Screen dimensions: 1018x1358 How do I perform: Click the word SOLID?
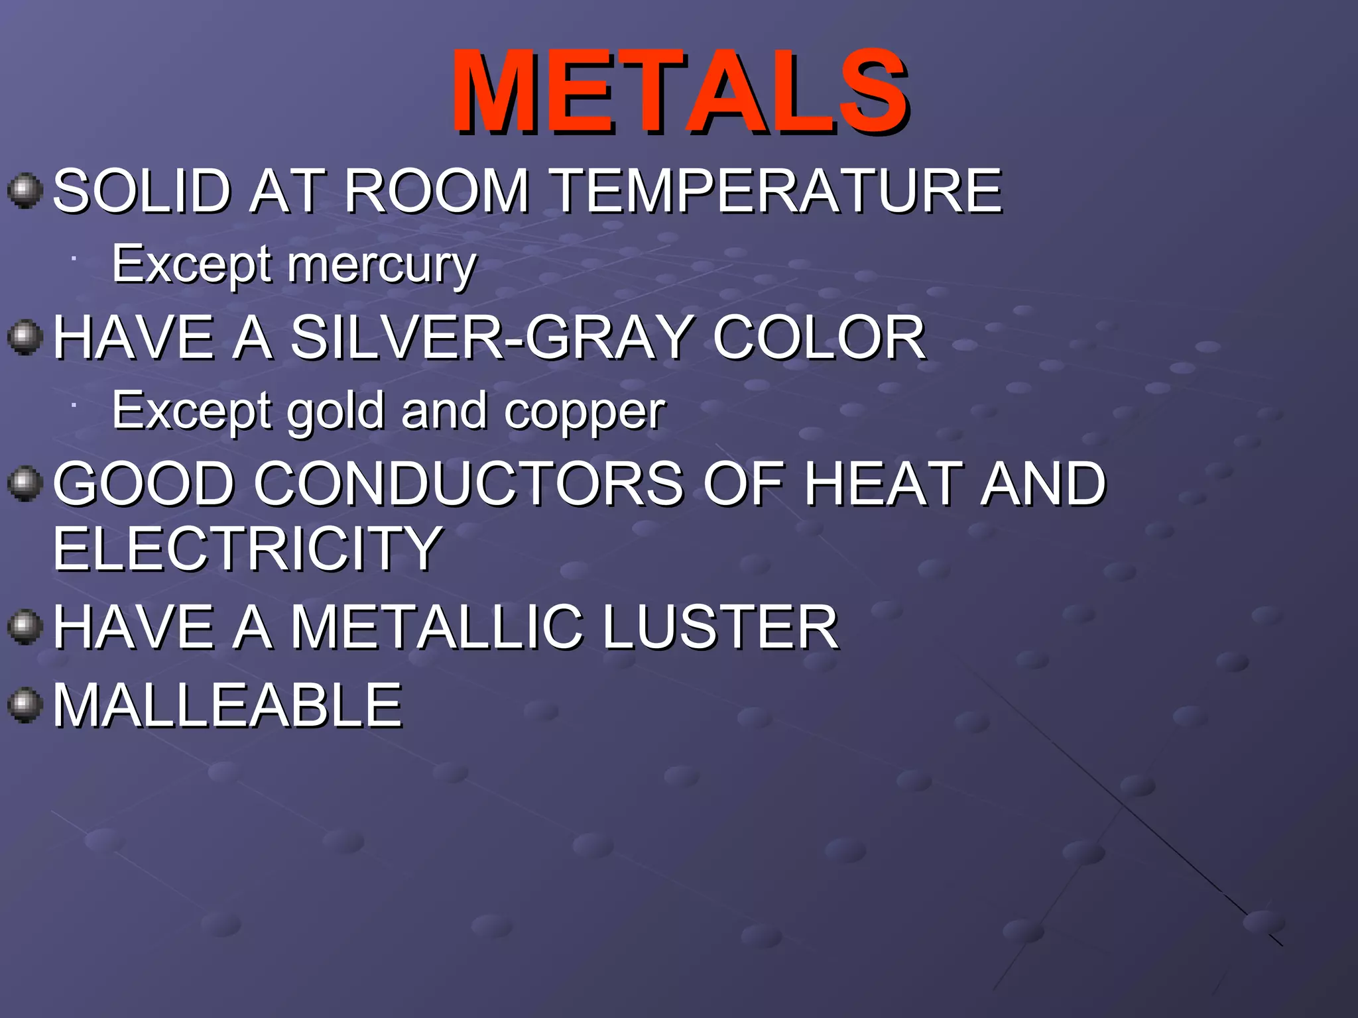tap(141, 192)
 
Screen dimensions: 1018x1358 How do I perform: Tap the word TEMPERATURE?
tap(776, 192)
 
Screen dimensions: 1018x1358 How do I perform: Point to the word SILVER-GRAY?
tap(491, 337)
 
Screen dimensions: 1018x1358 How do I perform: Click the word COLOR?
tap(819, 337)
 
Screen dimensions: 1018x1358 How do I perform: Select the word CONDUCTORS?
tap(468, 484)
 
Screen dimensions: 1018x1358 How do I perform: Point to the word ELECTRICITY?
tap(247, 548)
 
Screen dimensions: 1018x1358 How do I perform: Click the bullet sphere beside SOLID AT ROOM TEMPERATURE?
tap(25, 191)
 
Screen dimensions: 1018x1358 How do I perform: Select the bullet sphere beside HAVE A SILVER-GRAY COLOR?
tap(25, 337)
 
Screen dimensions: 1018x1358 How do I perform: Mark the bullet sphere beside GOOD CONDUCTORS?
tap(25, 483)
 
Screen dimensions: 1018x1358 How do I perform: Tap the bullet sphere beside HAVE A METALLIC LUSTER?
tap(25, 626)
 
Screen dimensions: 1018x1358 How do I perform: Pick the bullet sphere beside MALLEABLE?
tap(25, 705)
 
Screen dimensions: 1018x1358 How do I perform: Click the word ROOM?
tap(436, 192)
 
